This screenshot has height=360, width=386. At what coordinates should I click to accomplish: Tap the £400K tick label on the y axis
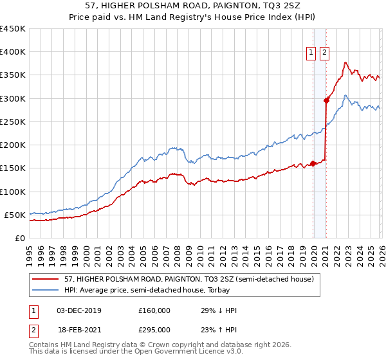[x=13, y=52]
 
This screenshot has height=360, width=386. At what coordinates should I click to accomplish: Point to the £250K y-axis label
[x=13, y=122]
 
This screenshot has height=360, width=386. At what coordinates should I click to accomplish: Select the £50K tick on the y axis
[x=15, y=215]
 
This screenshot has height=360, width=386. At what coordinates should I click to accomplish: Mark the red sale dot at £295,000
[x=326, y=100]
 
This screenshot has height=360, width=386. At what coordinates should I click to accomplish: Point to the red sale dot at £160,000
[x=313, y=163]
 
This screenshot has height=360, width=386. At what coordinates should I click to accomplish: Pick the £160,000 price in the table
[x=154, y=310]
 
